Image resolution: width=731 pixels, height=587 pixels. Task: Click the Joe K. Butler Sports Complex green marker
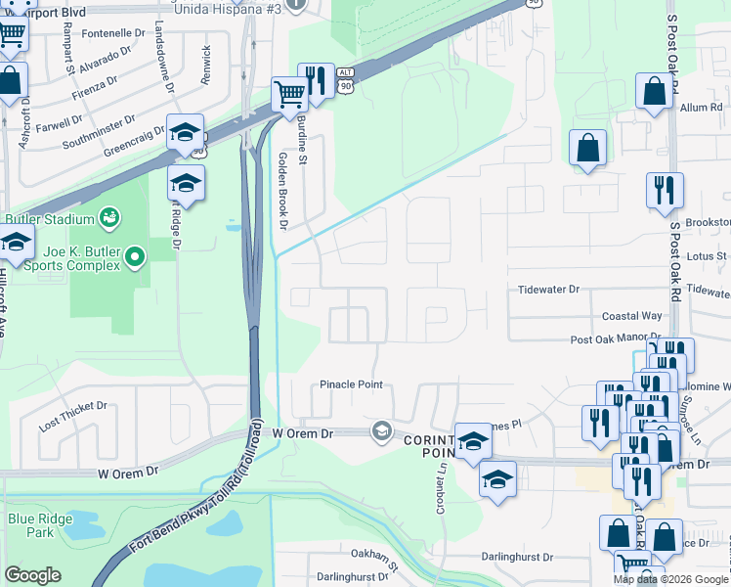pyautogui.click(x=136, y=258)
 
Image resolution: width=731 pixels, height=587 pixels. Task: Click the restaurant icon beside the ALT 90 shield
pyautogui.click(x=316, y=81)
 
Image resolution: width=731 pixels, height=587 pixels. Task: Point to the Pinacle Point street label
pyautogui.click(x=352, y=384)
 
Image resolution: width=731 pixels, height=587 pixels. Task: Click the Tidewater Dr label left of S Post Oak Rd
pyautogui.click(x=548, y=290)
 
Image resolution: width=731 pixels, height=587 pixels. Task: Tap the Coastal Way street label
pyautogui.click(x=631, y=316)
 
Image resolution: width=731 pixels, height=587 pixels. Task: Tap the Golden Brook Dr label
pyautogui.click(x=282, y=191)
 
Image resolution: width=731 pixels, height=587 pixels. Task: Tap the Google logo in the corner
pyautogui.click(x=32, y=575)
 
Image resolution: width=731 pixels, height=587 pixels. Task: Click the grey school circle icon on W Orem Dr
pyautogui.click(x=381, y=430)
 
